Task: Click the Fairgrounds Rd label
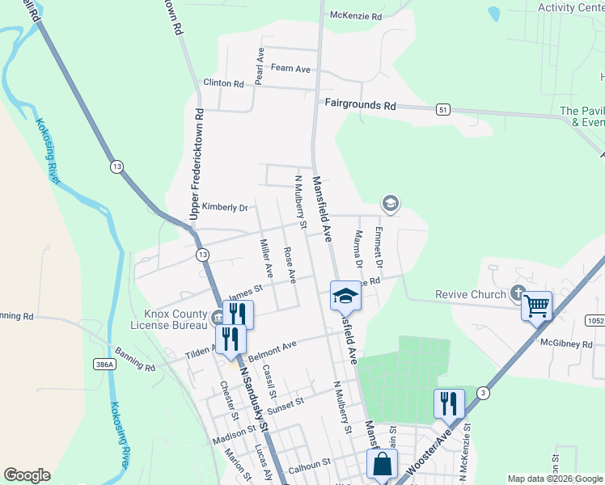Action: pos(361,105)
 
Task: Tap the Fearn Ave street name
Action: pos(291,69)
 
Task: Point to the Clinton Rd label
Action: pos(223,83)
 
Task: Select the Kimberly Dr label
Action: pos(224,208)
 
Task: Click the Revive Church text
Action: pos(470,295)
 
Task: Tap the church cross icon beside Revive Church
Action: pos(518,294)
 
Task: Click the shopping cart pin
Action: pos(536,306)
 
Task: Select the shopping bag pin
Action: pos(382,465)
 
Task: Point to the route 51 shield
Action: pos(442,108)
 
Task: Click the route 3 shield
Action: pos(483,393)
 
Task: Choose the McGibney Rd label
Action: pos(566,344)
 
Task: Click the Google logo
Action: pos(27,475)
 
